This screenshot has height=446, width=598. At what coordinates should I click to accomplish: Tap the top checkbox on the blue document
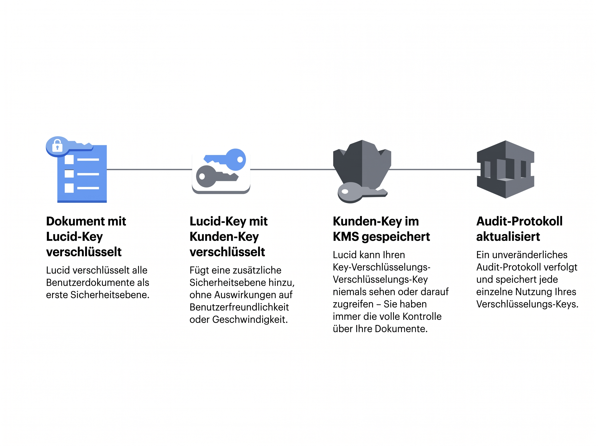point(69,160)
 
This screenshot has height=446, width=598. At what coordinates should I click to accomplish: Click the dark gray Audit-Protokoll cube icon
point(505,169)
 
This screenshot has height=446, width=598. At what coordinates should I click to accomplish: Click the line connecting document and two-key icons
point(149,169)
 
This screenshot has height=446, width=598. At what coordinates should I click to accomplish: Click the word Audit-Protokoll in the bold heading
point(519,221)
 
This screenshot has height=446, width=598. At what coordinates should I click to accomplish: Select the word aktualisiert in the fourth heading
point(508,237)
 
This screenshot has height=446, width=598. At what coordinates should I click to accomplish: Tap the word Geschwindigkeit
point(250,320)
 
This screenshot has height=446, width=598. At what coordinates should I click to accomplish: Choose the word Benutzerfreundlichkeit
point(239,307)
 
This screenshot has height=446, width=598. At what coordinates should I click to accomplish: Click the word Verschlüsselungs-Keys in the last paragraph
point(527,304)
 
